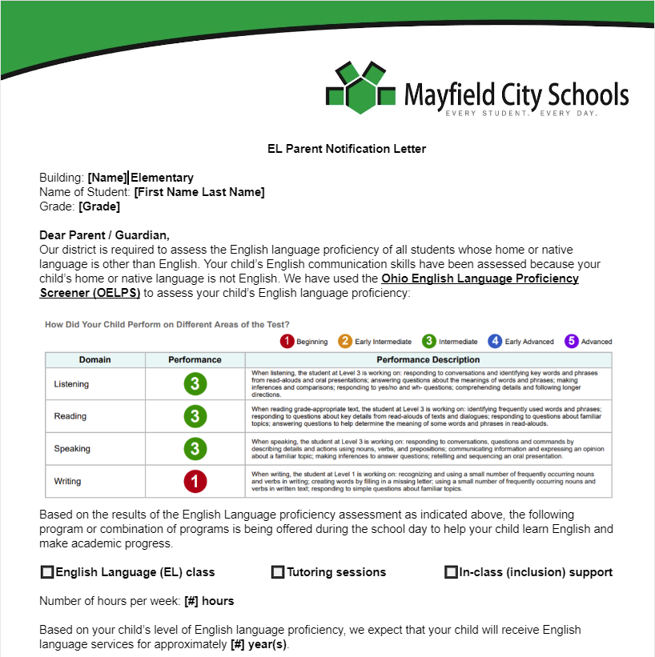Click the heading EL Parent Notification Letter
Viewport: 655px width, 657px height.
[347, 149]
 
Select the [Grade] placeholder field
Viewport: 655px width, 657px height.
[99, 206]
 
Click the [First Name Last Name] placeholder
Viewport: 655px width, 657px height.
[199, 192]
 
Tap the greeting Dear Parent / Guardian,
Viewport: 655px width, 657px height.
[104, 235]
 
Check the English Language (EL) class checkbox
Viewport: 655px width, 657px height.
[47, 572]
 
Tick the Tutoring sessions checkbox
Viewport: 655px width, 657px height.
[278, 572]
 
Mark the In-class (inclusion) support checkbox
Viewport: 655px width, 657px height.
[451, 572]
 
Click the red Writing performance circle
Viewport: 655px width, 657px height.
[195, 482]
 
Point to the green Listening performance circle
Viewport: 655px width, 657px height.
[195, 384]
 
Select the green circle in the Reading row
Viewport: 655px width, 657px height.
[195, 416]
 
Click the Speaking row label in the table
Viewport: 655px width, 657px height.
[72, 449]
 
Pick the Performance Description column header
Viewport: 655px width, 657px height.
[428, 360]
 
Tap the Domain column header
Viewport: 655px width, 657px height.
[94, 360]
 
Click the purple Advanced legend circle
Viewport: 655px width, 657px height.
[572, 342]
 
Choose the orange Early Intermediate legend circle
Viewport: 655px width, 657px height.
[345, 342]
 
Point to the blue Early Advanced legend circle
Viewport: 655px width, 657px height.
[496, 342]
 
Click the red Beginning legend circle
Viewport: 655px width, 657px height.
[287, 342]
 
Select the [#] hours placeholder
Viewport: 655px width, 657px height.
[209, 601]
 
